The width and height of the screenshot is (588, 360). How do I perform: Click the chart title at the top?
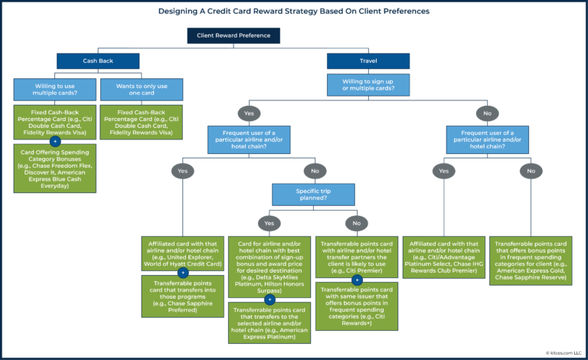tap(294, 11)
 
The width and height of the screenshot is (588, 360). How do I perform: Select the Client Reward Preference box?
tap(234, 35)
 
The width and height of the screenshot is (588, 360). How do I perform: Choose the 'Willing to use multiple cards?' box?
tap(54, 89)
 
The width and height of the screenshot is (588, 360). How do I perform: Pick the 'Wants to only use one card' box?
tap(142, 89)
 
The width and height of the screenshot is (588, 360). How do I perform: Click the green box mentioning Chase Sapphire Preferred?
tap(182, 295)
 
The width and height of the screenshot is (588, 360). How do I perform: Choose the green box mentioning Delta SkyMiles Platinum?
tap(270, 265)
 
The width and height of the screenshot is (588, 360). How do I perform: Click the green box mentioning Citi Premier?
tap(357, 257)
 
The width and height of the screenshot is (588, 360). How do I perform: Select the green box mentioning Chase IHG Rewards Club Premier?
tap(444, 257)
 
